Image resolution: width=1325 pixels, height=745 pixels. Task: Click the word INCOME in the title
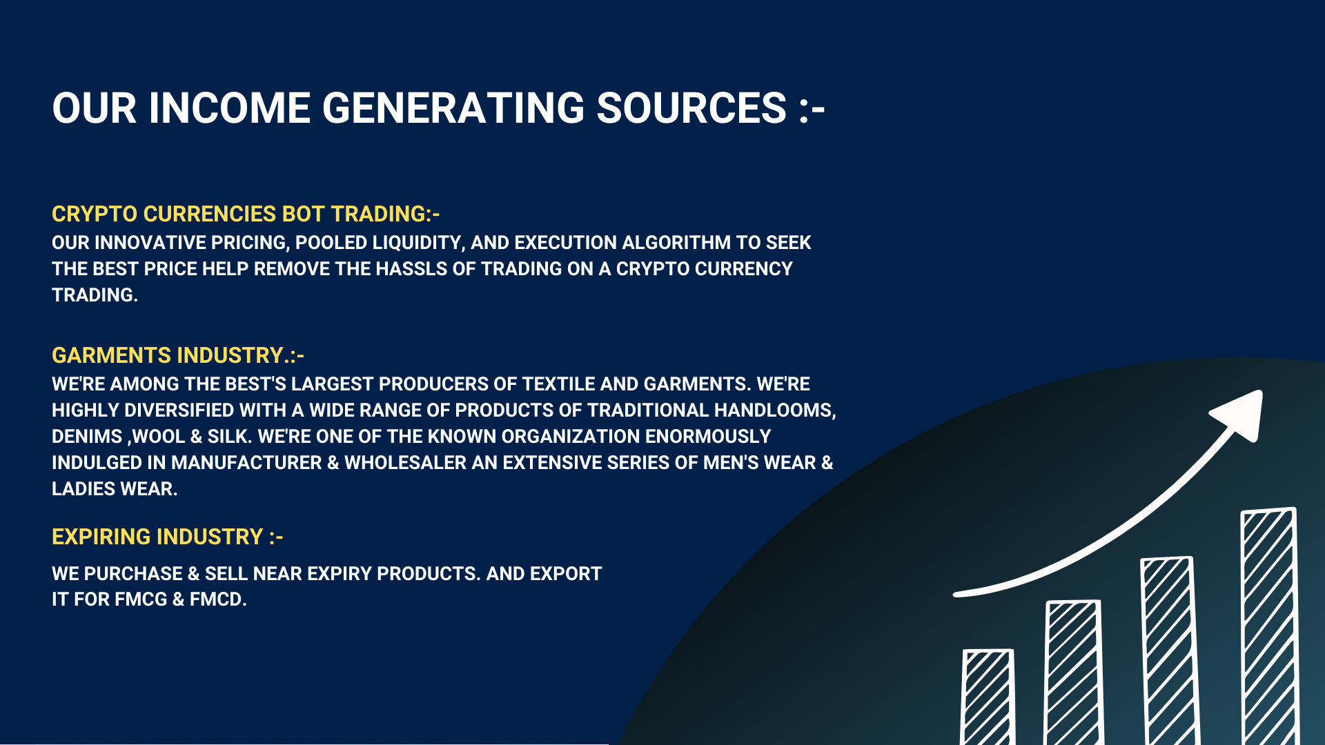[x=230, y=108]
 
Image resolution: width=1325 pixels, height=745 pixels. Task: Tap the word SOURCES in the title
[x=691, y=108]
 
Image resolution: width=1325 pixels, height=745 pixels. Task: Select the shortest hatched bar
[x=988, y=697]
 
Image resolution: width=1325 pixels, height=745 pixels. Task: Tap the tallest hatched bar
[x=1270, y=626]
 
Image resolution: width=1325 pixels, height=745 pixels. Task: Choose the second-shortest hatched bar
[x=1074, y=673]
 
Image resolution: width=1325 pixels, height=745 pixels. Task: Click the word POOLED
[x=331, y=243]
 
